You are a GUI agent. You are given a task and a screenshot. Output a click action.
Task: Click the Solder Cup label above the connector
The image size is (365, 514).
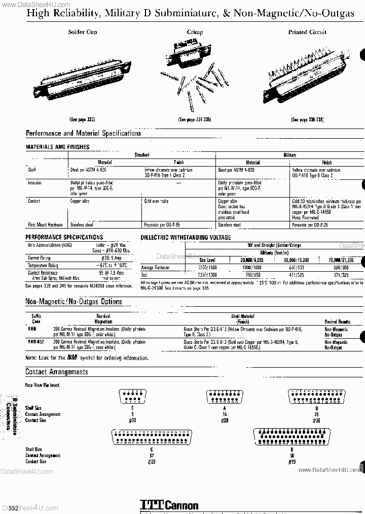click(x=82, y=32)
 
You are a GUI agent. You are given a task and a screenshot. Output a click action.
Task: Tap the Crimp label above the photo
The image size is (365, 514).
click(x=195, y=32)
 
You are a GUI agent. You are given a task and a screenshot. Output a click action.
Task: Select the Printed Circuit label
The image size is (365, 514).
click(x=307, y=32)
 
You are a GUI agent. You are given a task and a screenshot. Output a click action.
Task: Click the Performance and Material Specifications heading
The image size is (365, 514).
click(x=83, y=134)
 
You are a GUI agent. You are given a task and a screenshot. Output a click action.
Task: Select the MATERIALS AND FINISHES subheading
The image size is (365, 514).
click(x=58, y=147)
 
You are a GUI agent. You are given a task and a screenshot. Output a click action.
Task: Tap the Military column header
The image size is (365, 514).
click(x=289, y=155)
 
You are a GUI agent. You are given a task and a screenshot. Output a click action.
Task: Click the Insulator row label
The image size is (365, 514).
click(x=35, y=182)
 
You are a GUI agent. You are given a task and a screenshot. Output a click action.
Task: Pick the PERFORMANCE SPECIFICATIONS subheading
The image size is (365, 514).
click(x=64, y=237)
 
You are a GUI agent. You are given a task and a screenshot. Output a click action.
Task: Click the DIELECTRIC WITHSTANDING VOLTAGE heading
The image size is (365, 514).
click(x=186, y=237)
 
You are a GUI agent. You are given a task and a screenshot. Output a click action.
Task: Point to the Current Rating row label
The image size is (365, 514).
click(x=40, y=258)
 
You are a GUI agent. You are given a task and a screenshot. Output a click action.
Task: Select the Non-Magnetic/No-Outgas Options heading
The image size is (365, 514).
click(x=74, y=302)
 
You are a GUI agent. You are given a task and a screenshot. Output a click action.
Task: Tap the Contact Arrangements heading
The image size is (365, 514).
click(x=57, y=372)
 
